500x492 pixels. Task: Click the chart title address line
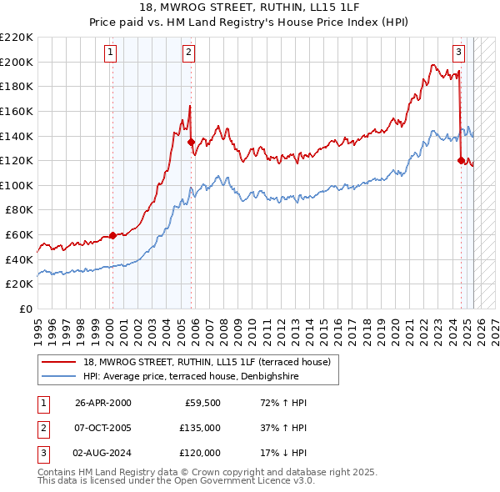click(x=249, y=8)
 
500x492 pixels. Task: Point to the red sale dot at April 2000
click(x=112, y=235)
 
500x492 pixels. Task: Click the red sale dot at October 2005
click(x=192, y=142)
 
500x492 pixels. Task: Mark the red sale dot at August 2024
click(x=461, y=160)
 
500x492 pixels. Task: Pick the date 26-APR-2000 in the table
click(x=102, y=403)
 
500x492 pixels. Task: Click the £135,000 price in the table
click(x=200, y=428)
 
